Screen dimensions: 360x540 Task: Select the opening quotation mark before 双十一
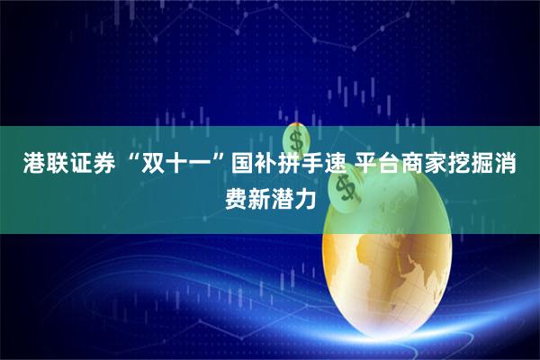click(126, 161)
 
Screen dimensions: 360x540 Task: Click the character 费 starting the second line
click(235, 193)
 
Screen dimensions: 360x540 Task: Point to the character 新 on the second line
click(258, 193)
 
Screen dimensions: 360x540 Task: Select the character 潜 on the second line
click(282, 193)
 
